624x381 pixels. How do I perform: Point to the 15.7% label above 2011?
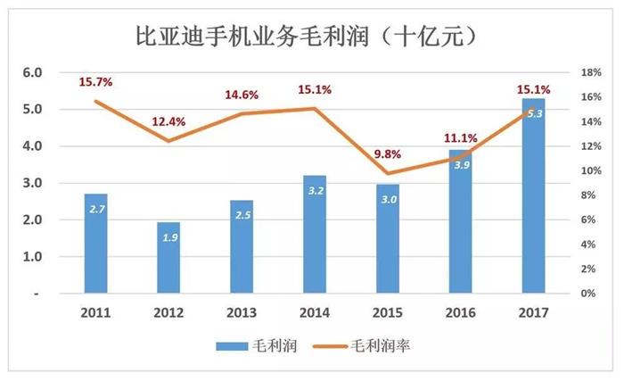point(96,82)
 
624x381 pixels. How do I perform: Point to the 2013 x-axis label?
point(242,312)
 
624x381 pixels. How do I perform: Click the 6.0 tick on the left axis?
point(32,72)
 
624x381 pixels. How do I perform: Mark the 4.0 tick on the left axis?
point(32,146)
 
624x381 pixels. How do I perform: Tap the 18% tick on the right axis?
point(591,72)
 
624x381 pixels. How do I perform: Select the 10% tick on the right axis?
point(591,170)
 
